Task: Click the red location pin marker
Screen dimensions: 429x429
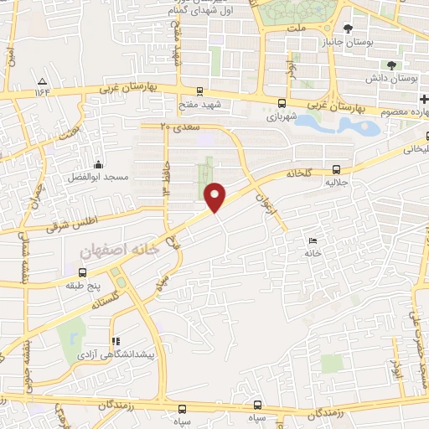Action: pyautogui.click(x=216, y=197)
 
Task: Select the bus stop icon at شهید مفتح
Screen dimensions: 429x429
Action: pyautogui.click(x=199, y=91)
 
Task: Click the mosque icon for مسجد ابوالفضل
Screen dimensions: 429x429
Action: pyautogui.click(x=98, y=165)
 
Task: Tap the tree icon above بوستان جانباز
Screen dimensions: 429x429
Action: pyautogui.click(x=348, y=28)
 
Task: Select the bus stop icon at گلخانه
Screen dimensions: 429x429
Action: pyautogui.click(x=336, y=168)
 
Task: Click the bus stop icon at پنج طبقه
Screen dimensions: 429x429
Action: pyautogui.click(x=82, y=272)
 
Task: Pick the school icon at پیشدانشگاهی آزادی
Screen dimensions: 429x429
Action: pyautogui.click(x=115, y=341)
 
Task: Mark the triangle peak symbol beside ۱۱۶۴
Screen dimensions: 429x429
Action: pyautogui.click(x=42, y=81)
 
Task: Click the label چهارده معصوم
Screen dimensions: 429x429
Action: pyautogui.click(x=405, y=111)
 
